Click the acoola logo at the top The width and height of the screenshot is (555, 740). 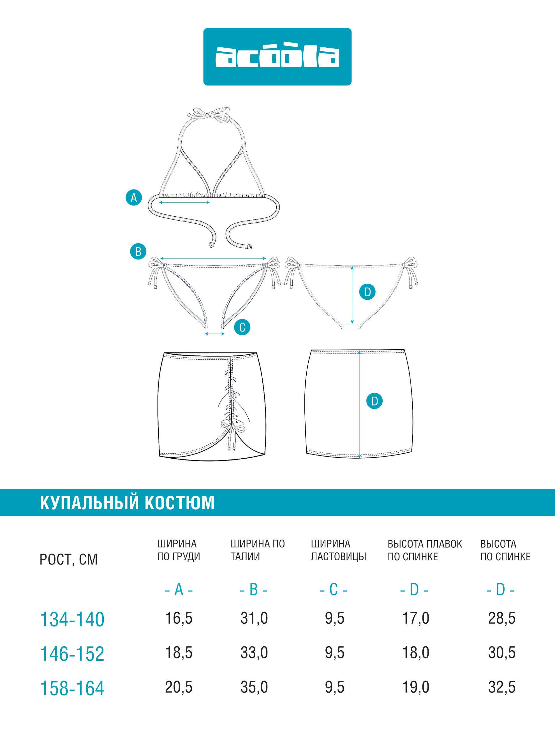pyautogui.click(x=277, y=57)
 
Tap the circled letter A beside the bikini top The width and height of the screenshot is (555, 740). pyautogui.click(x=134, y=197)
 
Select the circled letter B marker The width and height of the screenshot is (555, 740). pyautogui.click(x=138, y=252)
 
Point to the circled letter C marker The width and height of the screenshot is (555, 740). pyautogui.click(x=242, y=327)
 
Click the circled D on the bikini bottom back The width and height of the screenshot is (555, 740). pyautogui.click(x=367, y=292)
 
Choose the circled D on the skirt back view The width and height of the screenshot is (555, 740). pyautogui.click(x=374, y=401)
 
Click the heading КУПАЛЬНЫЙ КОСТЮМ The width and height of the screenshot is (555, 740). pyautogui.click(x=127, y=503)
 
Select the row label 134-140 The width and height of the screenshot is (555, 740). pyautogui.click(x=72, y=619)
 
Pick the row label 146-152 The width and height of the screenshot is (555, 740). pyautogui.click(x=72, y=654)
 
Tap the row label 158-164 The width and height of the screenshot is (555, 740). pyautogui.click(x=72, y=688)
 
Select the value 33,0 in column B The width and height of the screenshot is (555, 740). pyautogui.click(x=254, y=653)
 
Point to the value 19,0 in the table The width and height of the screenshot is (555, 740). pyautogui.click(x=415, y=687)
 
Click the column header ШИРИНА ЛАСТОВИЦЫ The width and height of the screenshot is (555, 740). pyautogui.click(x=339, y=550)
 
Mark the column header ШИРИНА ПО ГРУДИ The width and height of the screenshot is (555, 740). pyautogui.click(x=179, y=550)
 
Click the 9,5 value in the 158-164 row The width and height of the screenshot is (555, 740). pyautogui.click(x=334, y=687)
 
